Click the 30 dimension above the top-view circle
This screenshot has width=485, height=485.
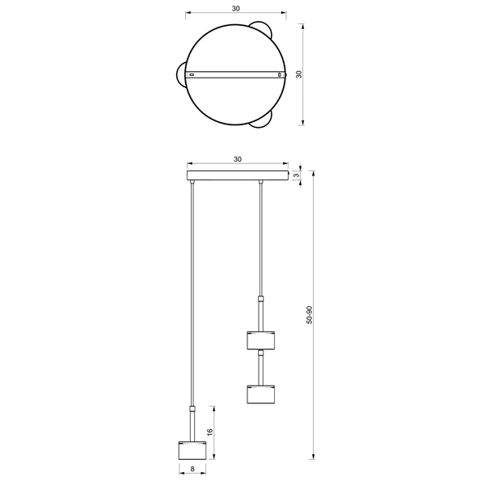coord(235,8)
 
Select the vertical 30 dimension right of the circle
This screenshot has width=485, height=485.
coord(299,74)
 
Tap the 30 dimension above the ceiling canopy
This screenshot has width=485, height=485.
coord(237,159)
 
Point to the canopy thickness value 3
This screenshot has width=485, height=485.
coord(297,175)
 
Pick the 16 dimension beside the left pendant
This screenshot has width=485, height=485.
coord(209,433)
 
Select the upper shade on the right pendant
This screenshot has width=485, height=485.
coord(261,339)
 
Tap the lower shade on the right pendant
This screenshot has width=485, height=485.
coord(261,394)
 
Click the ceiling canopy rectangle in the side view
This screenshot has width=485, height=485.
coord(238,175)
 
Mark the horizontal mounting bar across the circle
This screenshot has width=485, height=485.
coord(236,75)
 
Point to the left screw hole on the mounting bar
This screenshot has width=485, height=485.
coord(192,75)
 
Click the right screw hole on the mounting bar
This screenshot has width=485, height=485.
coord(280,75)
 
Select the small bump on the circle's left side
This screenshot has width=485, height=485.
coord(180,75)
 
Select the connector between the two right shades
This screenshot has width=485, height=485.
coord(261,368)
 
